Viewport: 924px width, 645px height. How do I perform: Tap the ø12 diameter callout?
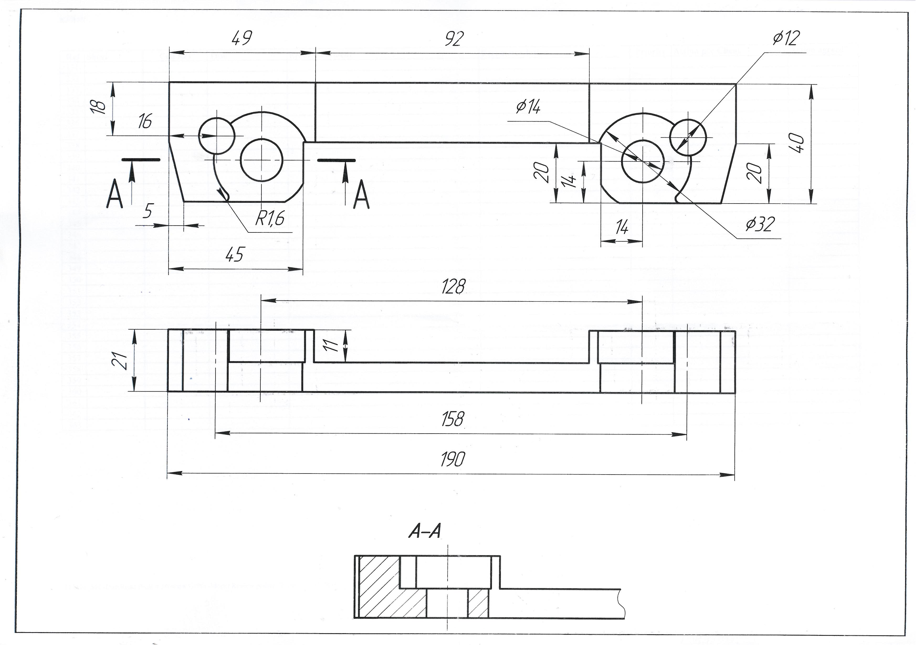(786, 38)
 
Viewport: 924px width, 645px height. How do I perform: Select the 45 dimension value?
(235, 254)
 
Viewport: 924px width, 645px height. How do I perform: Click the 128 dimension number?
(453, 287)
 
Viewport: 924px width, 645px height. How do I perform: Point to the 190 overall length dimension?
(452, 459)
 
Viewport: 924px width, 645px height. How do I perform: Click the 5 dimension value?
(148, 211)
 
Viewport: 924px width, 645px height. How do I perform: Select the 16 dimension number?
(145, 121)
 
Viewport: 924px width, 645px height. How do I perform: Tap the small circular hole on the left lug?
(217, 136)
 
